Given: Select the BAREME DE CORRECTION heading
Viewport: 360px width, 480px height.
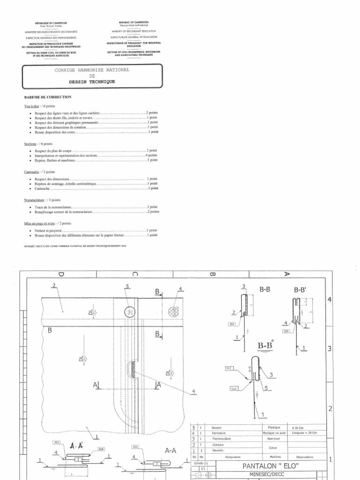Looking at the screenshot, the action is point(47,97).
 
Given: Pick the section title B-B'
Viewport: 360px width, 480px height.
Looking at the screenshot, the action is point(300,291).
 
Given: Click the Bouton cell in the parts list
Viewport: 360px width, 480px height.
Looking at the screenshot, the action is point(216,428).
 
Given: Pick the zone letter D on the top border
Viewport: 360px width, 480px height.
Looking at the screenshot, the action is point(61,274).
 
